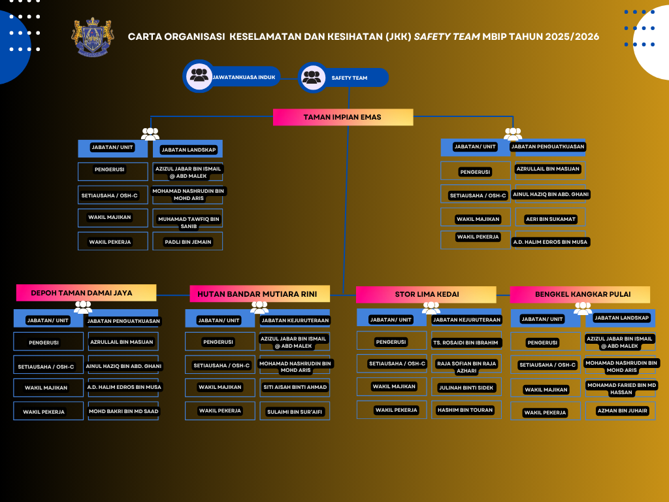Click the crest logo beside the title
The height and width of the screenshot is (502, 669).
93,38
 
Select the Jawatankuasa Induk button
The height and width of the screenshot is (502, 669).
232,77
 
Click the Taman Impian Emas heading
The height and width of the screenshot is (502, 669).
342,117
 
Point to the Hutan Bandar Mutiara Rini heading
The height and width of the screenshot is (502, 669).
259,294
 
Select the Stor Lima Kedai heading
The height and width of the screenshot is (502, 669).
426,294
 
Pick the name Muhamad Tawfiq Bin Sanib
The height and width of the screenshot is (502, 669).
188,222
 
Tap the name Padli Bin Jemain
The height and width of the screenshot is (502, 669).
188,242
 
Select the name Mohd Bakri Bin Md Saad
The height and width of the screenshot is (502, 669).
123,411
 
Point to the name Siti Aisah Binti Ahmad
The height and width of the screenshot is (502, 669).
295,387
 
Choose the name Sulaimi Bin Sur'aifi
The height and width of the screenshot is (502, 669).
295,412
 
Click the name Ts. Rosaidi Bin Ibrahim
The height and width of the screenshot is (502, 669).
466,342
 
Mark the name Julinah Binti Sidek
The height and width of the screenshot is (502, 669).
466,387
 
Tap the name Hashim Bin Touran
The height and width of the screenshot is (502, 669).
466,410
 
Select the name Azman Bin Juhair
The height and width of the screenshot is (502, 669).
622,411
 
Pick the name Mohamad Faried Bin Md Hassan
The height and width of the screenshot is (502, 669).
622,389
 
